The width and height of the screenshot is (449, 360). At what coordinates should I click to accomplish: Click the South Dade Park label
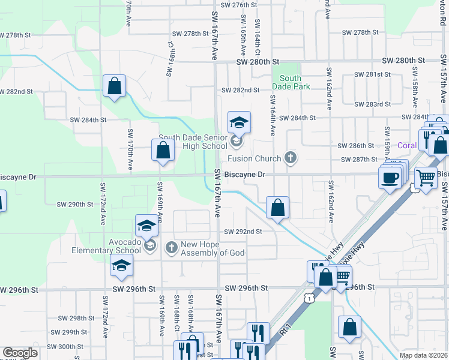point(291,82)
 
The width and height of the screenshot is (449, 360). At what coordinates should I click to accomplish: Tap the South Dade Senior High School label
point(193,142)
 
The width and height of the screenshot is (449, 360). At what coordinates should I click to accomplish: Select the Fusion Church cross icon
point(291,158)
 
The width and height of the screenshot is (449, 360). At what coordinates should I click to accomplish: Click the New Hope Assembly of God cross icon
point(171,247)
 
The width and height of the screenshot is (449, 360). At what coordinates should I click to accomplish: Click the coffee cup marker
point(390,177)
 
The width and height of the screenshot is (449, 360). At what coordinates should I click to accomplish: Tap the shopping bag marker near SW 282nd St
point(114,86)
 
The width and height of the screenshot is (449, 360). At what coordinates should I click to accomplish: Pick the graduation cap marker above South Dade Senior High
point(239,122)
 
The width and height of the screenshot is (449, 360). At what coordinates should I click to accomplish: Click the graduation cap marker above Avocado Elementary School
point(146,226)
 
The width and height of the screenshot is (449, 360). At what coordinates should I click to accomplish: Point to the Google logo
point(20,353)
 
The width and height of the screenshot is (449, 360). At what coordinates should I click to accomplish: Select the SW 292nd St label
point(244,232)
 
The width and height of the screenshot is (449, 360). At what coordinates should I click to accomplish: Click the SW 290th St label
point(75,204)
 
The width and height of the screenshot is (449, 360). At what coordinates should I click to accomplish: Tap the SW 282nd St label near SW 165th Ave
point(240,90)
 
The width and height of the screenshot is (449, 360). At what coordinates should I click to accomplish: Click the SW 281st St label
point(372,74)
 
